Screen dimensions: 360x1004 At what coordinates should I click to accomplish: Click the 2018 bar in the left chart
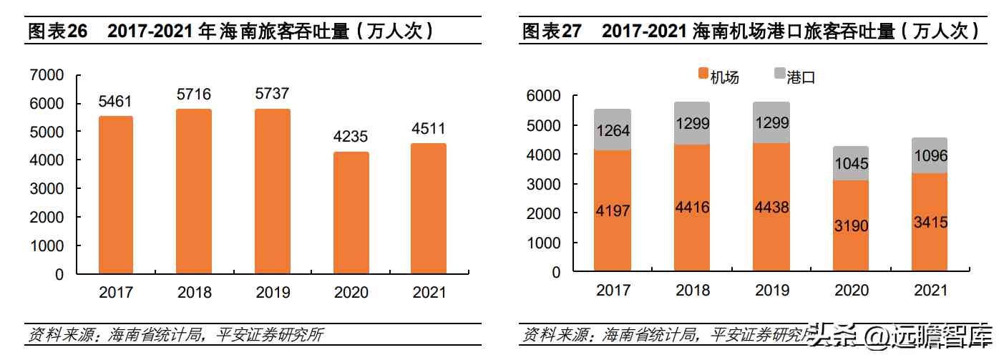tap(194, 191)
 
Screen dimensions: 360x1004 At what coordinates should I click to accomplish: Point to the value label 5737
tap(272, 94)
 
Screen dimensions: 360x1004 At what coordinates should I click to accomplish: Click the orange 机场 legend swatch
tap(702, 74)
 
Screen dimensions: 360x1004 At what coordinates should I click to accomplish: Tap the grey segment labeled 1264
tap(613, 130)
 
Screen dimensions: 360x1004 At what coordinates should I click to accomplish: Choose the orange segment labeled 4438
tap(771, 208)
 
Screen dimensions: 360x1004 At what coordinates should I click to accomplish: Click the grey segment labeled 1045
tap(851, 163)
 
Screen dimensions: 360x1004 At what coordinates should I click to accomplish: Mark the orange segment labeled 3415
tap(929, 223)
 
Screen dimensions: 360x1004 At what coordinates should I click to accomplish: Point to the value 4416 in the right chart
tap(692, 208)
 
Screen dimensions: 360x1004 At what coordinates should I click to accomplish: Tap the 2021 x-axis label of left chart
tap(428, 292)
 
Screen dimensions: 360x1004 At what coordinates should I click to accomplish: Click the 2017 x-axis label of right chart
tap(613, 290)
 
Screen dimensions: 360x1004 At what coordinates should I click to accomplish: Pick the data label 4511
tap(428, 129)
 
